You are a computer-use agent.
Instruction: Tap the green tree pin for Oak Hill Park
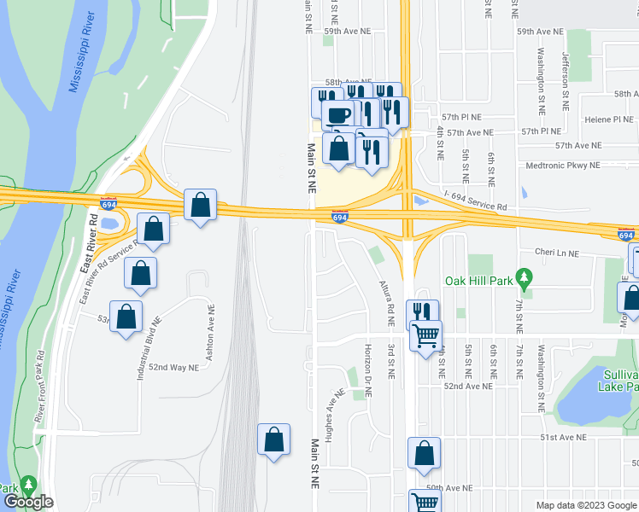pyautogui.click(x=525, y=279)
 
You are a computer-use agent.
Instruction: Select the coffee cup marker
pyautogui.click(x=339, y=115)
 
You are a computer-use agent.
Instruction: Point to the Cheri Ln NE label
pyautogui.click(x=555, y=253)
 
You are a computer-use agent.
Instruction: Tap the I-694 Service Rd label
pyautogui.click(x=475, y=207)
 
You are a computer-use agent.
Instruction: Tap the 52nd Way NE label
pyautogui.click(x=173, y=367)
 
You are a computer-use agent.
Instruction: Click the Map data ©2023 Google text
pyautogui.click(x=585, y=505)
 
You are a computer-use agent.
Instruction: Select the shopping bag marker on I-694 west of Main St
pyautogui.click(x=200, y=206)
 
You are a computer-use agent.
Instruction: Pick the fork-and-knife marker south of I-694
pyautogui.click(x=425, y=313)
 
